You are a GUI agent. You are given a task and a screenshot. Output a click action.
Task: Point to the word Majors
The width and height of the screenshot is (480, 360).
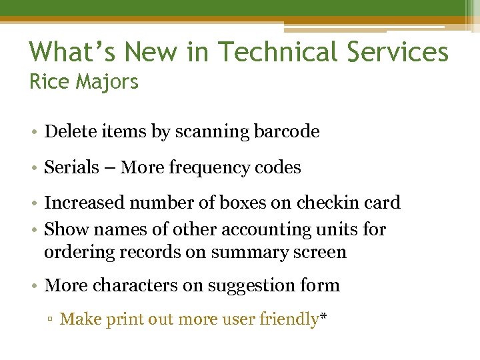click(107, 83)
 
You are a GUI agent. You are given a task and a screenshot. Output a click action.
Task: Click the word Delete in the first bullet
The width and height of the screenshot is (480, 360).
click(69, 131)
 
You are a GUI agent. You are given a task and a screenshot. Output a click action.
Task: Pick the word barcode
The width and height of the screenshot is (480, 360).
click(287, 131)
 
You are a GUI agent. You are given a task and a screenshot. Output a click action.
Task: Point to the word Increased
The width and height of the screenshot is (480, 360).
click(84, 203)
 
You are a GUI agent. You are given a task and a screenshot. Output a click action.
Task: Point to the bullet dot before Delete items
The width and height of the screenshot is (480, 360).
click(33, 132)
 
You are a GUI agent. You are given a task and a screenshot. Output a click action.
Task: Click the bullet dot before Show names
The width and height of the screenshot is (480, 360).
click(33, 230)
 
